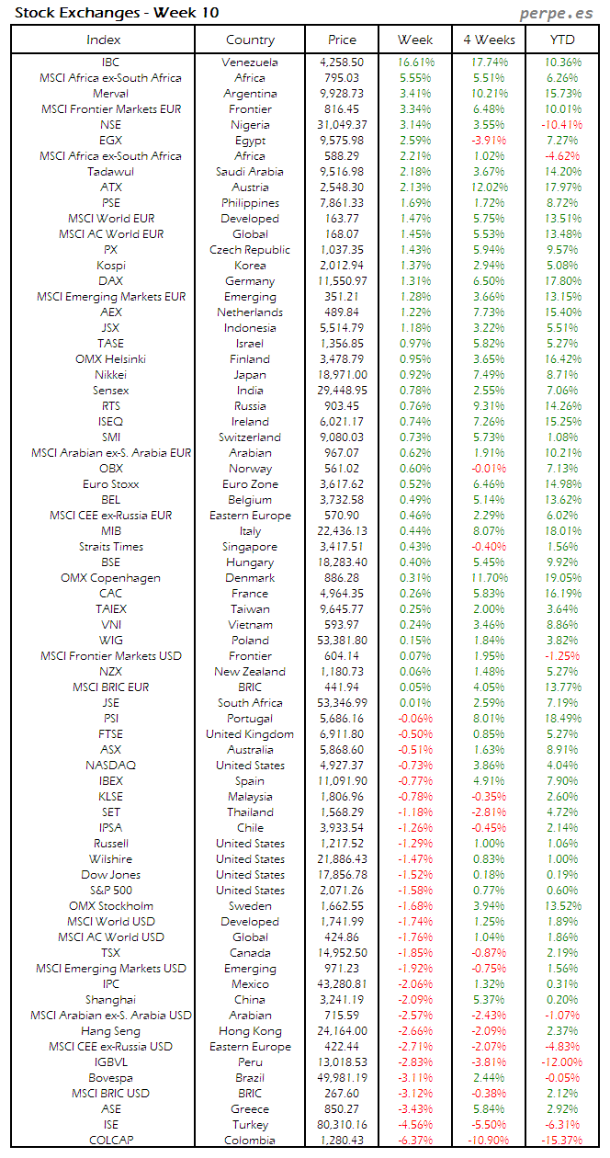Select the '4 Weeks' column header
tap(489, 40)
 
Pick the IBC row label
tap(110, 62)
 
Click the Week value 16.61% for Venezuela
tap(416, 62)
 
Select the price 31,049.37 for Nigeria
tap(341, 125)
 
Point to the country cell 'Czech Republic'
tap(250, 250)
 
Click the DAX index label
tap(110, 281)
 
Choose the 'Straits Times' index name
tap(110, 547)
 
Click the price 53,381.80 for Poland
tap(341, 641)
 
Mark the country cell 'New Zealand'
tap(250, 672)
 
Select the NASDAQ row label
tap(110, 766)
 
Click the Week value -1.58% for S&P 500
tap(416, 891)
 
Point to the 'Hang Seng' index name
tap(110, 1031)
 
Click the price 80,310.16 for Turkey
tap(341, 1125)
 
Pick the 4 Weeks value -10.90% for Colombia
tap(488, 1141)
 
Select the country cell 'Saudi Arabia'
tap(250, 172)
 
